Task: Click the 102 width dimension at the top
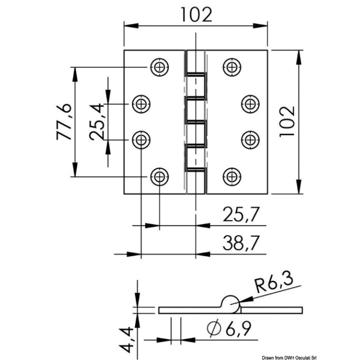[196, 15]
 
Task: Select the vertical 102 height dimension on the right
[287, 122]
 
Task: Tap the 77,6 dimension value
[64, 122]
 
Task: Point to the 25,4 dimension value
[97, 122]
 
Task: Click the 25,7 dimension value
[241, 214]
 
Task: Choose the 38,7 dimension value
[241, 243]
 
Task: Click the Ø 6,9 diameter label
[229, 329]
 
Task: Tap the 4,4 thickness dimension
[126, 340]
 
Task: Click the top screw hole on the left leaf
[159, 67]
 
